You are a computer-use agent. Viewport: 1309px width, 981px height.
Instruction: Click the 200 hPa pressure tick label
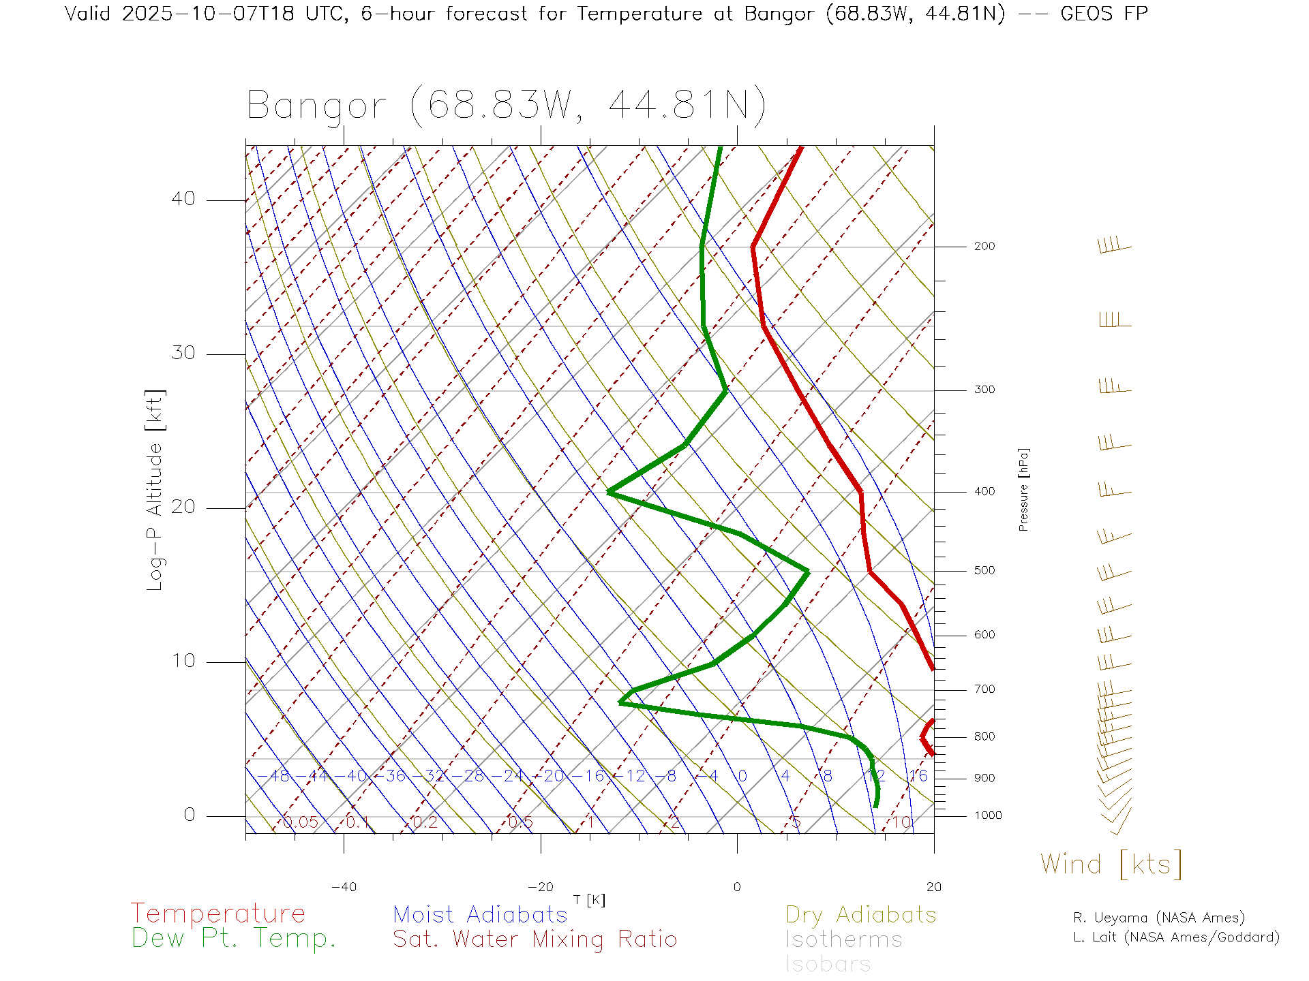(984, 247)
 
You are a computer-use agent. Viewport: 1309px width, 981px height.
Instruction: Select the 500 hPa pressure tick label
(984, 571)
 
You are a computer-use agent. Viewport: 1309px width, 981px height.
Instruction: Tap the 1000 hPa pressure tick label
(988, 816)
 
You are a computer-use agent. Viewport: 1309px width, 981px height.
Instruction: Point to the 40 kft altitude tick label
(183, 199)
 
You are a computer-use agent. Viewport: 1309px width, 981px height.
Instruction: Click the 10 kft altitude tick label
(183, 661)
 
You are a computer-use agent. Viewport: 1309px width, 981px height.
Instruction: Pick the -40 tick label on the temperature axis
(344, 887)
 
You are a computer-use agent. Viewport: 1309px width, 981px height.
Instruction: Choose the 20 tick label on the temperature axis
(933, 887)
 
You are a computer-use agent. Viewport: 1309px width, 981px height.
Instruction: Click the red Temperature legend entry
(218, 914)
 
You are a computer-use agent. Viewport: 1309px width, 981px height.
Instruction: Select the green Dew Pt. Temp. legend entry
(234, 939)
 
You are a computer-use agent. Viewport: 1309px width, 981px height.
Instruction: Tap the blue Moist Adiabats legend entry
(481, 915)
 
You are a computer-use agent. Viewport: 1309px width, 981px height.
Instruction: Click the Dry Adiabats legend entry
(861, 915)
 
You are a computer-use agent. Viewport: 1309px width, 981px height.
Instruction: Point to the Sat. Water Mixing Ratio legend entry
(535, 939)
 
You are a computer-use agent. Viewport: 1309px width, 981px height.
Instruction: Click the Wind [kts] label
(1111, 865)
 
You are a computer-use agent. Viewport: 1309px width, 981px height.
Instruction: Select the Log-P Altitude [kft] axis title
(155, 490)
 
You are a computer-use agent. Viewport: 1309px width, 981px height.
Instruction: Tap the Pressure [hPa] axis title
(1023, 489)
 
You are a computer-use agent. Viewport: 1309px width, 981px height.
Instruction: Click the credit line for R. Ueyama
(1158, 918)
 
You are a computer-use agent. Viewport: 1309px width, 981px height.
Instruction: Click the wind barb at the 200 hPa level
(1114, 246)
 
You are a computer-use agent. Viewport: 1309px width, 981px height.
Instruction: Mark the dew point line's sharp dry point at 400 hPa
(609, 492)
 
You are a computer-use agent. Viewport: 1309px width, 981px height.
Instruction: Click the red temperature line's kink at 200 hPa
(753, 247)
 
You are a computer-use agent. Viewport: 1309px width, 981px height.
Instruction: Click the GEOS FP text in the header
(1104, 14)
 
